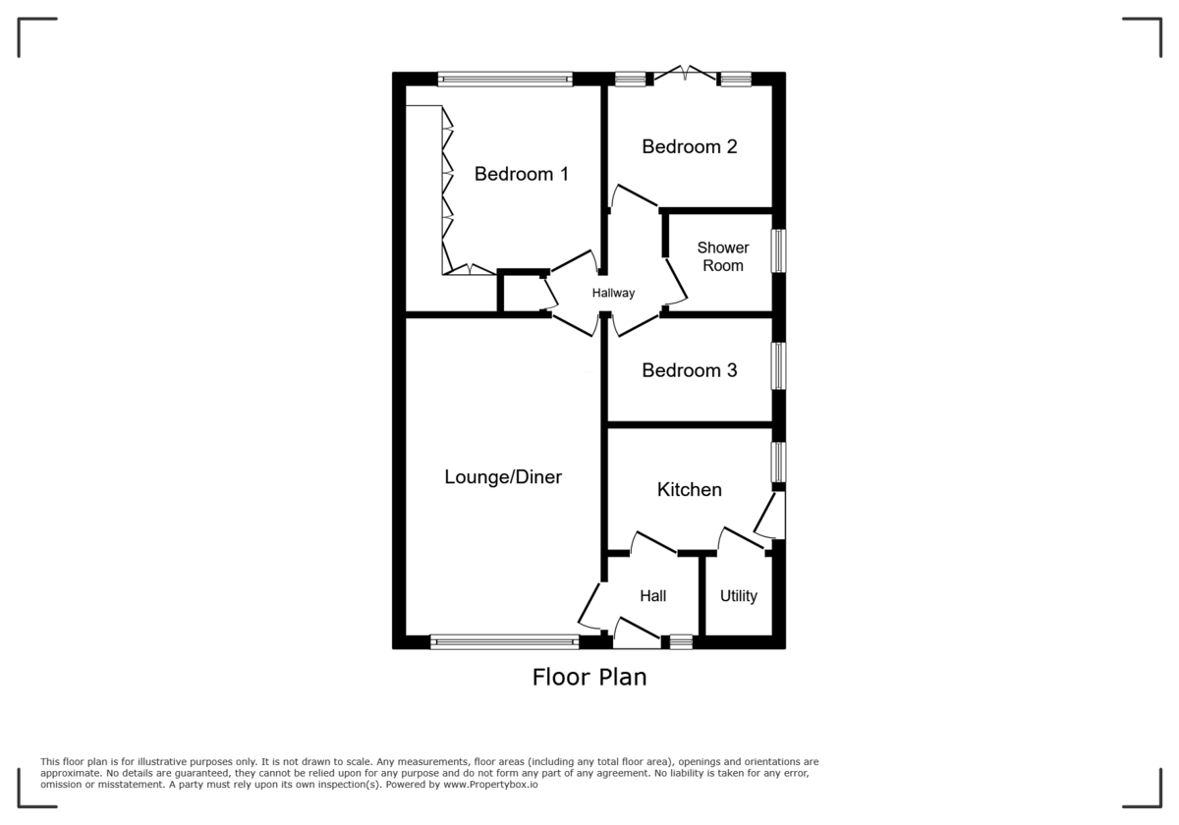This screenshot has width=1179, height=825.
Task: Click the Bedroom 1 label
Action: tap(521, 175)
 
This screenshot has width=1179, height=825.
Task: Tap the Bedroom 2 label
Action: tap(689, 147)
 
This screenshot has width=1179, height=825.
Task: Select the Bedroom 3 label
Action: tap(689, 371)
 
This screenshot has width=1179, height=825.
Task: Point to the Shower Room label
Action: tap(723, 257)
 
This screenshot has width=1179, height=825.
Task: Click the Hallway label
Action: tap(613, 293)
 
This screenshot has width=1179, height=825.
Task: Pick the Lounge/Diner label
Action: tap(503, 478)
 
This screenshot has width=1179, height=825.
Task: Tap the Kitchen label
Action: tap(689, 490)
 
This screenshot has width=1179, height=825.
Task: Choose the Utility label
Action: tap(738, 596)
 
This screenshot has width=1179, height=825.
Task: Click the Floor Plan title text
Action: tap(589, 677)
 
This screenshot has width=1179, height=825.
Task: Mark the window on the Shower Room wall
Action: tap(777, 250)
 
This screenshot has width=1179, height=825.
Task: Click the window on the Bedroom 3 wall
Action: tap(777, 366)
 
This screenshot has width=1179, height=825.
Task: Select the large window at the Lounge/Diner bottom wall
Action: tap(504, 642)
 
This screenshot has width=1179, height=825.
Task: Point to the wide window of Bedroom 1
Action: tap(505, 79)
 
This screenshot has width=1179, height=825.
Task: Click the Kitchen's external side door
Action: tap(774, 515)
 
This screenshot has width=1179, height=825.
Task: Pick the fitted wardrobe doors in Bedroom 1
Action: tap(448, 192)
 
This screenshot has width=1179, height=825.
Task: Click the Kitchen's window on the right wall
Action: tap(777, 462)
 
